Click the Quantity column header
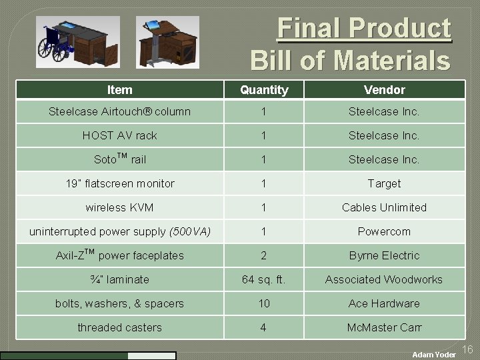[x=264, y=89]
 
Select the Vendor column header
[x=384, y=89]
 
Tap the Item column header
[x=119, y=89]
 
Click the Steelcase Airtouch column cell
[x=119, y=111]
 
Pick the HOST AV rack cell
[x=119, y=135]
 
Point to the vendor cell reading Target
[x=384, y=183]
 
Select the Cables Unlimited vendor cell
[x=384, y=207]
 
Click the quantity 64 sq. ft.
[x=264, y=279]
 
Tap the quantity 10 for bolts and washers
[x=264, y=303]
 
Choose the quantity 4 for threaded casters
[x=264, y=327]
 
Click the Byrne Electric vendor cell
[x=384, y=255]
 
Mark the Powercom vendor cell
[x=384, y=231]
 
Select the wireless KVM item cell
[x=119, y=207]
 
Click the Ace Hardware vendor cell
[x=384, y=303]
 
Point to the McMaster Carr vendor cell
[x=384, y=327]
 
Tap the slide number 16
[x=467, y=349]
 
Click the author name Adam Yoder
[x=433, y=355]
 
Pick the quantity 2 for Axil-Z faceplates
[x=264, y=255]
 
